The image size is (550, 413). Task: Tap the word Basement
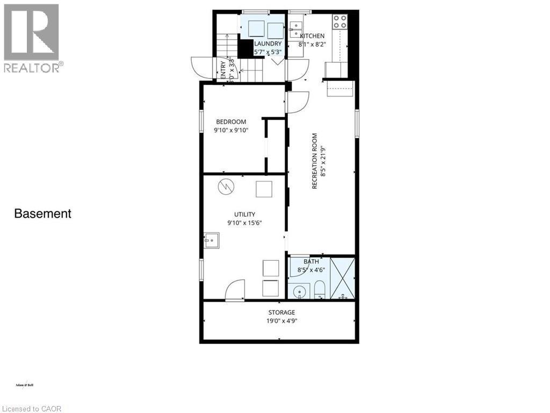[42, 213]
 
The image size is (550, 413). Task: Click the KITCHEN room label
[312, 36]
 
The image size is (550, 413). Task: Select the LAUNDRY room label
[267, 44]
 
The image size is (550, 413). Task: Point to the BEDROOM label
[231, 122]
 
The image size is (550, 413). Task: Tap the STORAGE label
[281, 312]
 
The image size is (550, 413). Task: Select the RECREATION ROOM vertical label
[315, 161]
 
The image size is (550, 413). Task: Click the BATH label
[311, 262]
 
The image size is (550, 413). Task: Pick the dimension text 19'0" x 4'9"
[281, 321]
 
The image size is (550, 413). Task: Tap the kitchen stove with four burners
[339, 22]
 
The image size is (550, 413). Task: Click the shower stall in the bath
[342, 278]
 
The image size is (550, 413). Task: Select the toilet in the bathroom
[320, 289]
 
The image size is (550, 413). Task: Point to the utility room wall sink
[211, 240]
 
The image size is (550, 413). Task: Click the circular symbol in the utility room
[225, 187]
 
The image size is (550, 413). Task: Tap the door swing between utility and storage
[235, 290]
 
